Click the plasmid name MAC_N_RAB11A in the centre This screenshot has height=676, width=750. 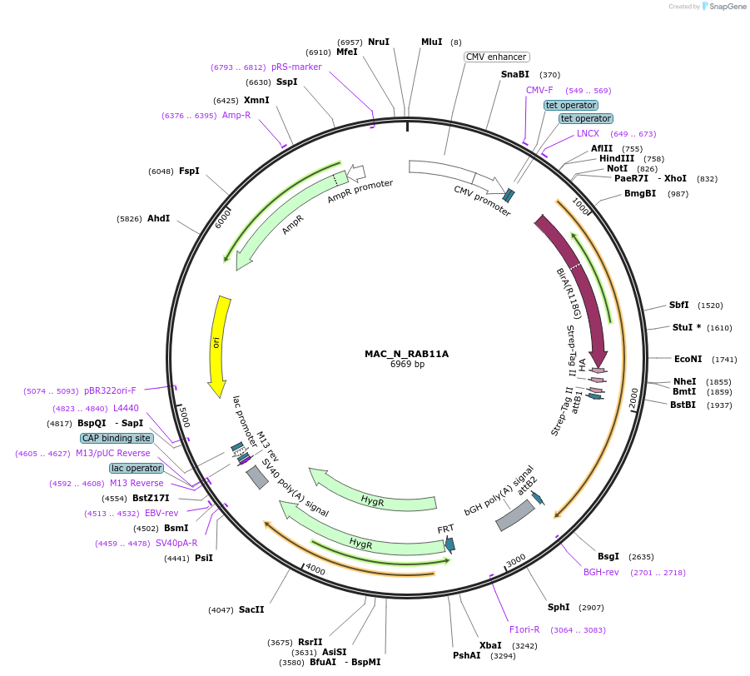click(x=407, y=354)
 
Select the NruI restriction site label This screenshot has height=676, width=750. click(x=379, y=42)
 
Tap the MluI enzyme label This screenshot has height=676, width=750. click(x=432, y=42)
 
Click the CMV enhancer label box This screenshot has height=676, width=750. click(x=496, y=57)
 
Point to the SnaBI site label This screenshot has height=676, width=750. click(x=515, y=74)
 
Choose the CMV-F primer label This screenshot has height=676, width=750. click(x=539, y=90)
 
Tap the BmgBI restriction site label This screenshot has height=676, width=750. click(x=640, y=193)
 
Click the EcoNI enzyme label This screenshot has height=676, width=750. click(x=688, y=359)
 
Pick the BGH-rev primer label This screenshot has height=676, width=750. click(x=601, y=572)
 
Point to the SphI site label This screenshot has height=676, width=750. click(x=559, y=607)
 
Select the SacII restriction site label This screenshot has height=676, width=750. click(x=251, y=609)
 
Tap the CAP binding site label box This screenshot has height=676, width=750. click(x=117, y=438)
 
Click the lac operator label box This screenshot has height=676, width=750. click(x=137, y=468)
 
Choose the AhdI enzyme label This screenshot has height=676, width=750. click(x=158, y=218)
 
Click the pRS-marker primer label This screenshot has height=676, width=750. click(x=296, y=67)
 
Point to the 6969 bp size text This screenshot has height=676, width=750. click(x=407, y=365)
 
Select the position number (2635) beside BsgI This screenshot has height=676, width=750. click(x=641, y=556)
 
